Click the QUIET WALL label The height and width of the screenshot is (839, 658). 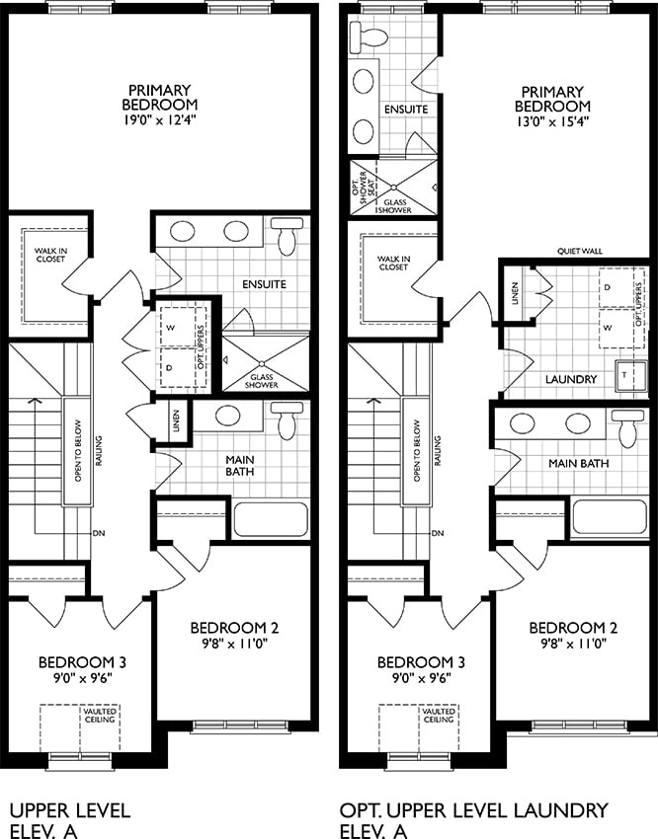click(x=579, y=251)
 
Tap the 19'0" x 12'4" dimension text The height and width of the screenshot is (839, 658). click(x=159, y=119)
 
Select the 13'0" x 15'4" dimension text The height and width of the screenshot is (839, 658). click(x=552, y=121)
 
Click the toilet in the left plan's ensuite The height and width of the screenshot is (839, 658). click(x=288, y=235)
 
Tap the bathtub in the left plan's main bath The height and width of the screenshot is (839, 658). click(x=271, y=519)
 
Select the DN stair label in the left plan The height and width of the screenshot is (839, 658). click(x=98, y=533)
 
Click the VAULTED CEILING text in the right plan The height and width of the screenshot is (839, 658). click(x=439, y=716)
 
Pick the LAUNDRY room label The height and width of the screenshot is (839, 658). click(x=571, y=379)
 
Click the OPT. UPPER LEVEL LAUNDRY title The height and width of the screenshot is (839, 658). click(x=474, y=810)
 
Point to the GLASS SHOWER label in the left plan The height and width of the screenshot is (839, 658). click(x=262, y=381)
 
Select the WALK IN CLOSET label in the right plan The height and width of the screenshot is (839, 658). click(x=393, y=263)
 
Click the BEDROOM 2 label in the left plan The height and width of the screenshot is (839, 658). click(x=234, y=628)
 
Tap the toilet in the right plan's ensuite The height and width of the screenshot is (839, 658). click(x=369, y=36)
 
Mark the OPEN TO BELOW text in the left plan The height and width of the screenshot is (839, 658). click(x=78, y=450)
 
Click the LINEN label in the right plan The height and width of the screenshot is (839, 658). click(x=515, y=294)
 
